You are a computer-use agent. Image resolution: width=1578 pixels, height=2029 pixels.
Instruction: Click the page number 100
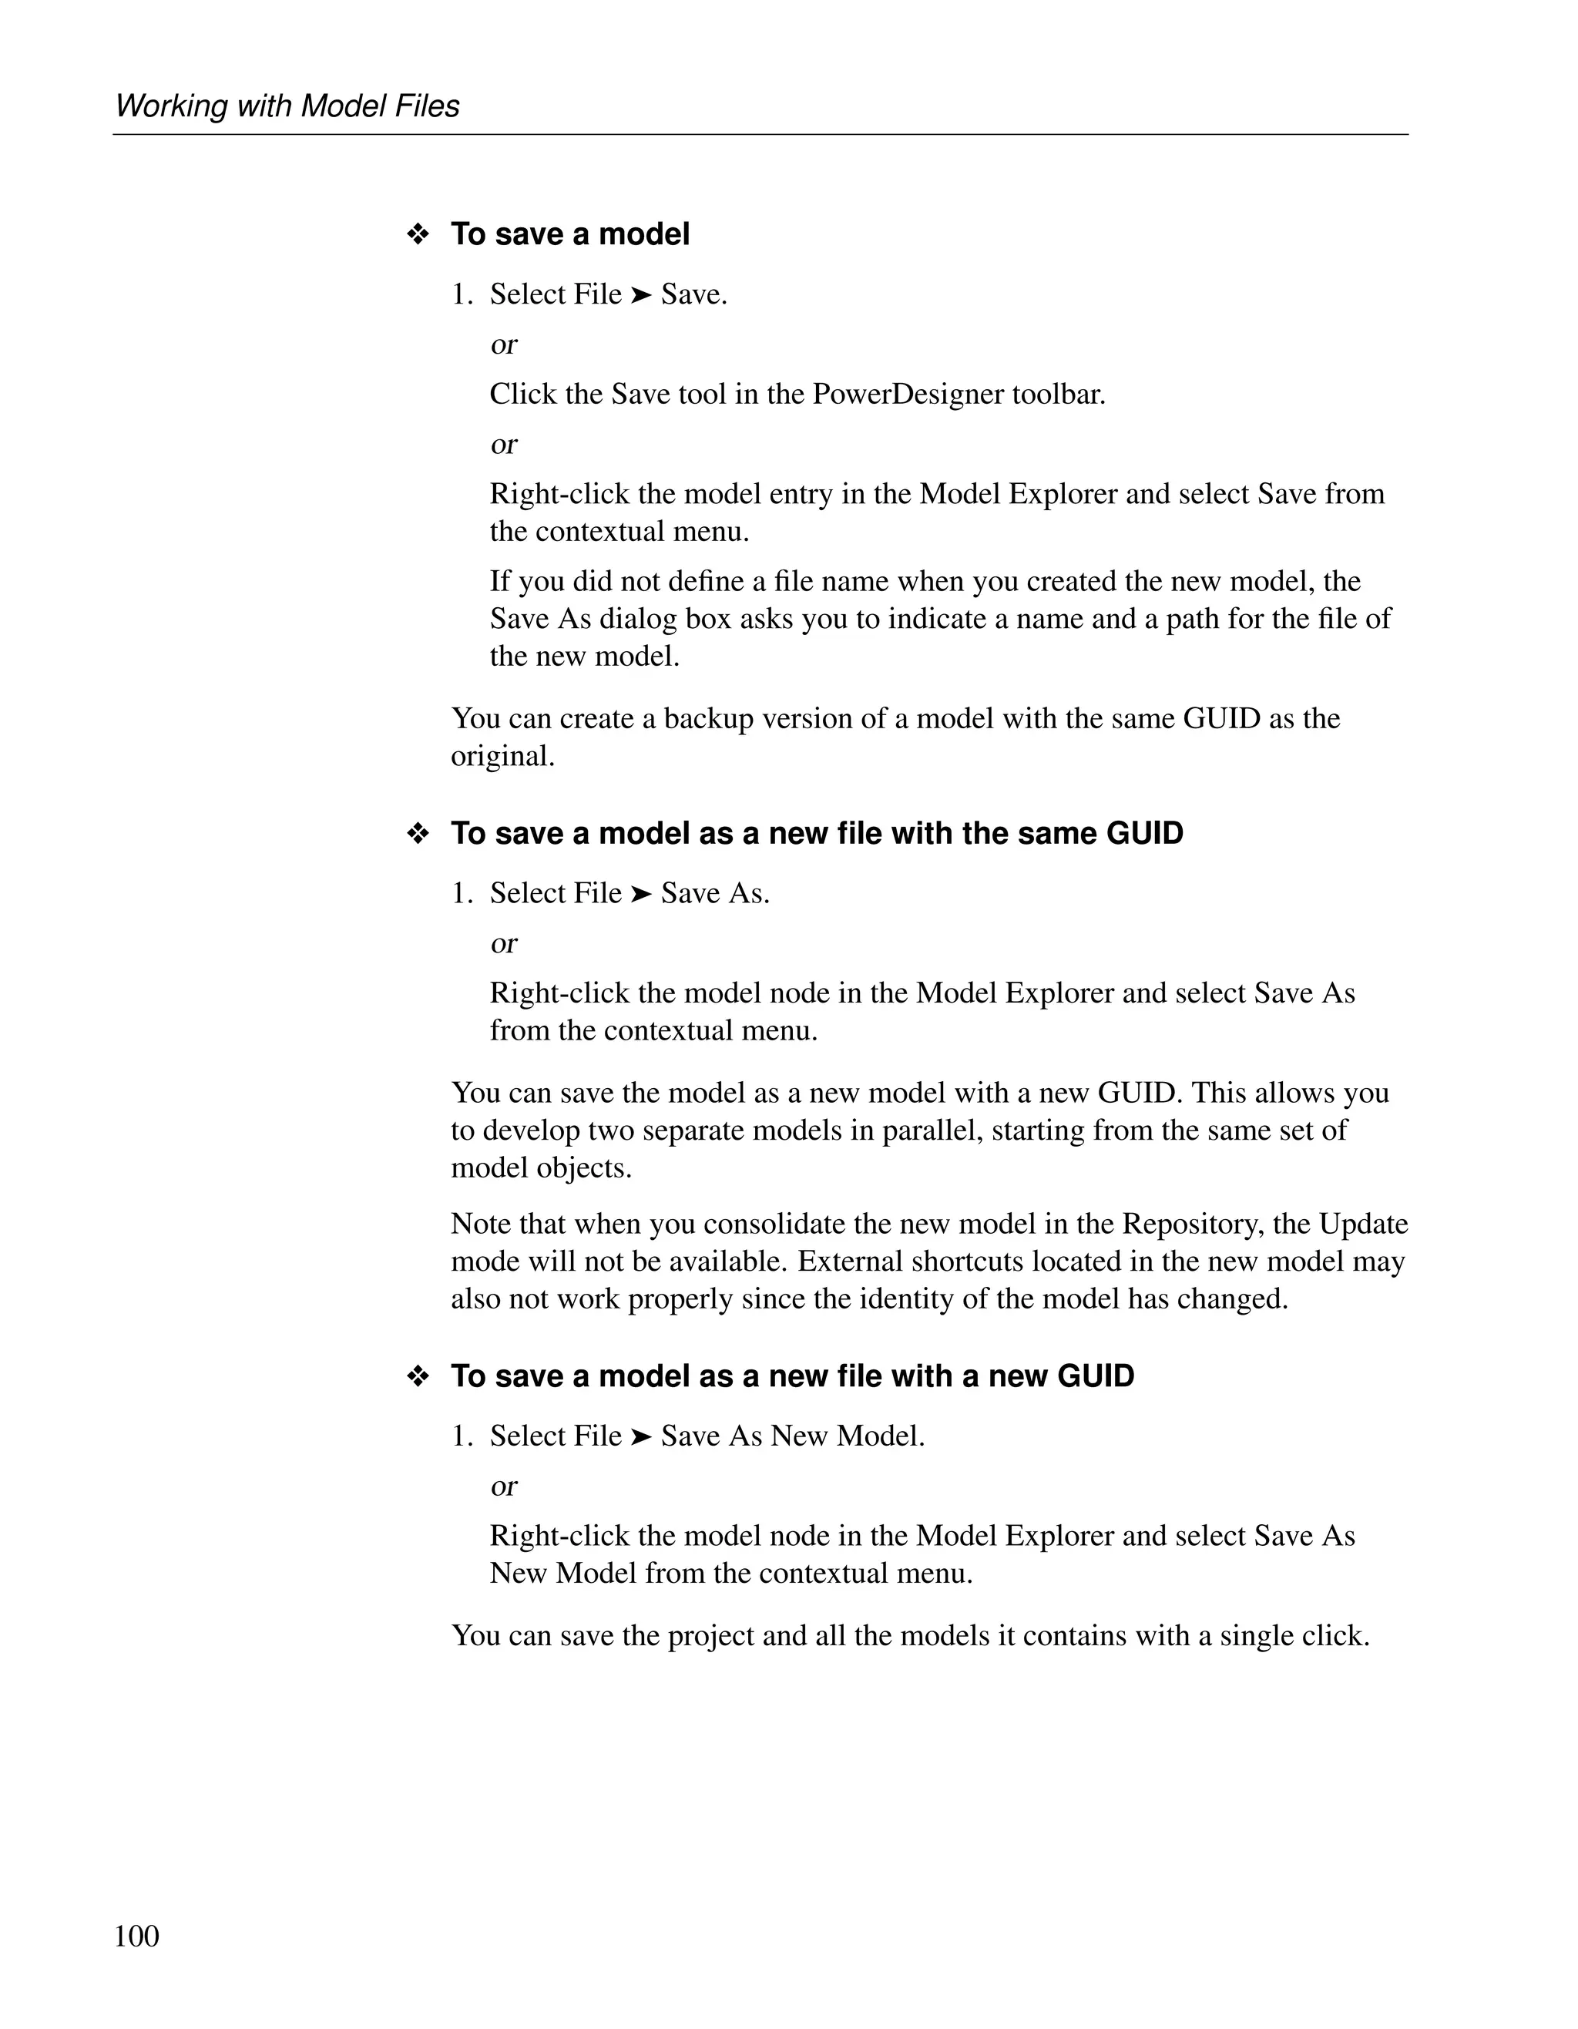pos(136,1936)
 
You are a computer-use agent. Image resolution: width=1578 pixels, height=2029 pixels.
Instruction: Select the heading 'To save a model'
pos(569,234)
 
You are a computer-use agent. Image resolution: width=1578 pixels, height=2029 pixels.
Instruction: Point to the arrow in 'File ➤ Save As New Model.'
pos(641,1437)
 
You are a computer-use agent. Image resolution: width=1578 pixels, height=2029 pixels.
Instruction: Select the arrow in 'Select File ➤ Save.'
pos(641,295)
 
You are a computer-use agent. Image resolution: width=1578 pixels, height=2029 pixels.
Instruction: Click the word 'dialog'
pos(638,619)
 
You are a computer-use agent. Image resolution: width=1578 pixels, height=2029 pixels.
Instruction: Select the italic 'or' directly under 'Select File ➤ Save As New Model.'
pos(503,1486)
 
